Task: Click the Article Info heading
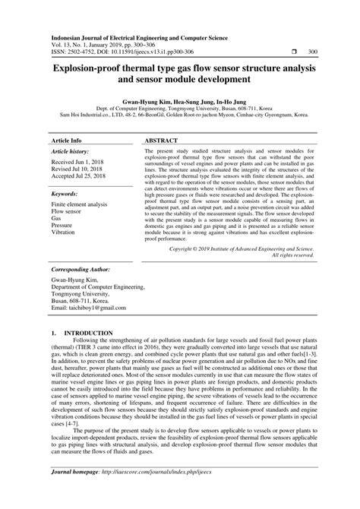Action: [66, 119]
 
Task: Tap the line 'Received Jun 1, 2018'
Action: [80, 142]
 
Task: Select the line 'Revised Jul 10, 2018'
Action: [79, 150]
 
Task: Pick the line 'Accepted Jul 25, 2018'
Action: [81, 157]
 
